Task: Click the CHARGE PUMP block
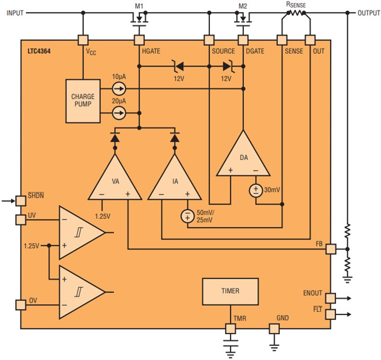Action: tap(83, 101)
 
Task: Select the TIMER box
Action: tap(230, 291)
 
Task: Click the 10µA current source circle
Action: tap(119, 88)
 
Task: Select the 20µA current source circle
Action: tap(119, 113)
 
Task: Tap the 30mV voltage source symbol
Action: tap(256, 190)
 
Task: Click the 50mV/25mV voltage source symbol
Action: tap(188, 216)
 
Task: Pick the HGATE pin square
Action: tap(139, 40)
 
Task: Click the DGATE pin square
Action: tap(243, 40)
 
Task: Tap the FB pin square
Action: tap(331, 249)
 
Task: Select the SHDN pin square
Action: tap(21, 201)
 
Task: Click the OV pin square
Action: tap(21, 305)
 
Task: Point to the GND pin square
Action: tap(274, 329)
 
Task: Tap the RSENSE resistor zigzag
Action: tap(296, 13)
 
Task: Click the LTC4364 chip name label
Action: tap(39, 51)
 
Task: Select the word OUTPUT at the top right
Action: tap(369, 13)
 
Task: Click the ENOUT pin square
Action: tap(331, 298)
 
